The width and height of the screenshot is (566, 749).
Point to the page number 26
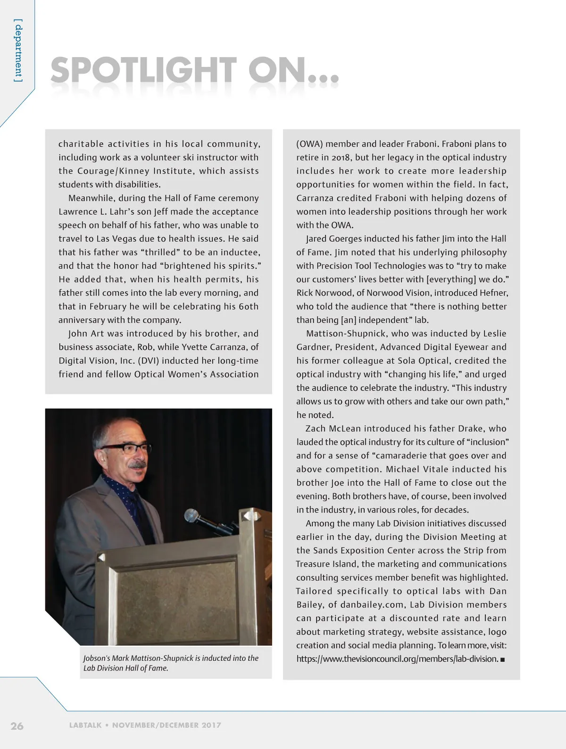[17, 725]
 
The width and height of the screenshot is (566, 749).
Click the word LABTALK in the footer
[85, 725]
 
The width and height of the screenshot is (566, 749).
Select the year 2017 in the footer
[211, 725]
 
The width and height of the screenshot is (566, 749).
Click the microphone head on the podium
[191, 515]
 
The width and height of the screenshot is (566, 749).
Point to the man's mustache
[137, 465]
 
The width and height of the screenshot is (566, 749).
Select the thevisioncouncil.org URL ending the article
[397, 659]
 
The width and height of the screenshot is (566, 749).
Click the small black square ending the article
[503, 659]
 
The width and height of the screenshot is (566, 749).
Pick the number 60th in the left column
[248, 306]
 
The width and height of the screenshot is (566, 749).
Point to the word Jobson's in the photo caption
[96, 658]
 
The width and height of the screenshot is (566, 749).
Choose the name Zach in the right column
[315, 429]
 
